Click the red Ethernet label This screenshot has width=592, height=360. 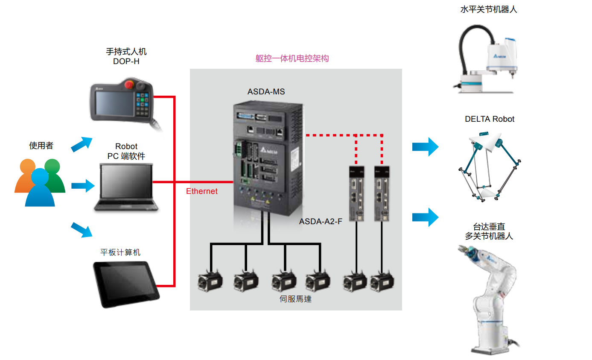pyautogui.click(x=201, y=191)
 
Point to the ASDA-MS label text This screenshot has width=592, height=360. pyautogui.click(x=266, y=92)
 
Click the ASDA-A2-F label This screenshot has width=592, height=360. pyautogui.click(x=321, y=222)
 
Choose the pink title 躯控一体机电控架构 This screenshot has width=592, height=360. pyautogui.click(x=292, y=59)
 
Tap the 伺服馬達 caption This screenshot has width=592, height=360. pyautogui.click(x=295, y=299)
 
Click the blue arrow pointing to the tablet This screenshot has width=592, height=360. pyautogui.click(x=82, y=229)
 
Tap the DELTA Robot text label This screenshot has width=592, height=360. pyautogui.click(x=490, y=119)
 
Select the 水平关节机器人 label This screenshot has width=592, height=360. pyautogui.click(x=488, y=9)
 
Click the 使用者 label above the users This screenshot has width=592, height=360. pyautogui.click(x=41, y=146)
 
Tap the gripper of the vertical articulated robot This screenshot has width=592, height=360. pyautogui.click(x=468, y=252)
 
